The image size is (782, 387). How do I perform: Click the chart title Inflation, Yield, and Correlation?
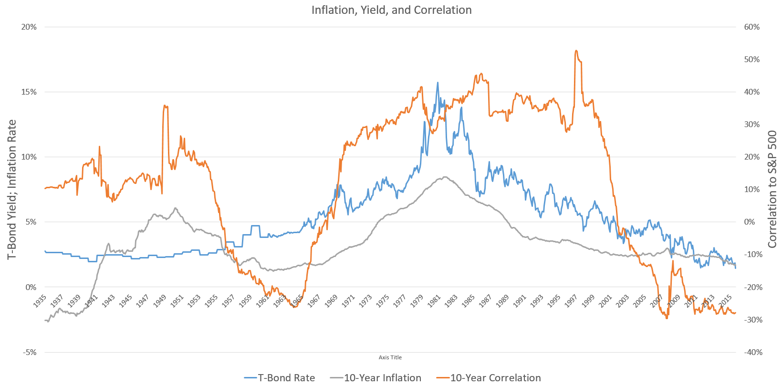click(391, 10)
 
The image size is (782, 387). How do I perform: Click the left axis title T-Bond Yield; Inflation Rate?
click(12, 190)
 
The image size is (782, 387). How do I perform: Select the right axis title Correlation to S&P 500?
click(772, 190)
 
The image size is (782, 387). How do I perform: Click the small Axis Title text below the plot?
click(390, 357)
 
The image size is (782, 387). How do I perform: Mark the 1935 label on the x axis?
click(40, 301)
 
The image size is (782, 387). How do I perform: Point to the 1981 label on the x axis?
click(434, 301)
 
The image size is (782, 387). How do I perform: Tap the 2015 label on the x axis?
click(726, 301)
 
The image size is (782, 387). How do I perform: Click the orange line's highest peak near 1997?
click(576, 51)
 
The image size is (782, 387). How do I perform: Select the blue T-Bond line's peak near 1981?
click(438, 83)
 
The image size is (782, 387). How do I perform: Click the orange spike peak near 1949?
click(165, 106)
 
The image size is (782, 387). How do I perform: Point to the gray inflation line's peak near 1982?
click(444, 177)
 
